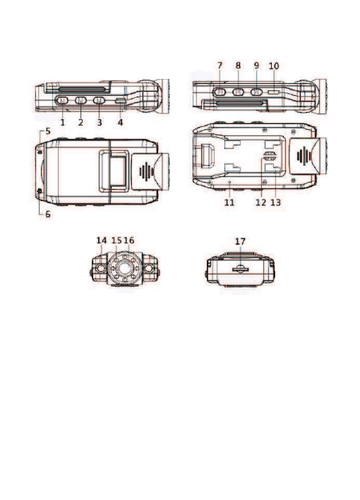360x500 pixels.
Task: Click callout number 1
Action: click(x=63, y=122)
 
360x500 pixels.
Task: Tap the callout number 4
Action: click(x=120, y=122)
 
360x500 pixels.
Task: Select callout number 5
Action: click(x=48, y=131)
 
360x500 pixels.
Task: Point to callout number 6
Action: click(x=48, y=214)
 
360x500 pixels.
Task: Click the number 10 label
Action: click(x=274, y=66)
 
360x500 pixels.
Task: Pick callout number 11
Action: click(x=229, y=202)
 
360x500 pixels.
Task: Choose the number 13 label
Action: click(x=275, y=202)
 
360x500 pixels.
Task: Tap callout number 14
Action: click(x=102, y=240)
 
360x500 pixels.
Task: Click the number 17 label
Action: click(x=240, y=241)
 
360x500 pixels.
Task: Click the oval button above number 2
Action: click(x=80, y=100)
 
